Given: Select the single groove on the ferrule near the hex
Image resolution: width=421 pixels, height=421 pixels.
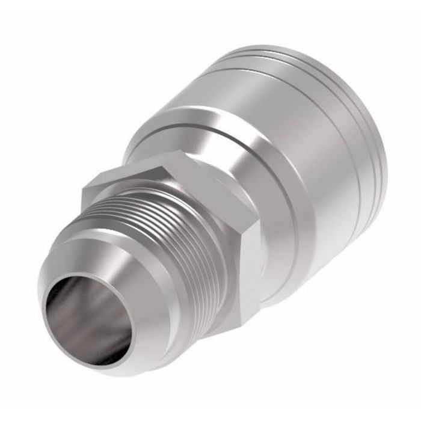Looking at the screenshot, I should coord(198,130).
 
